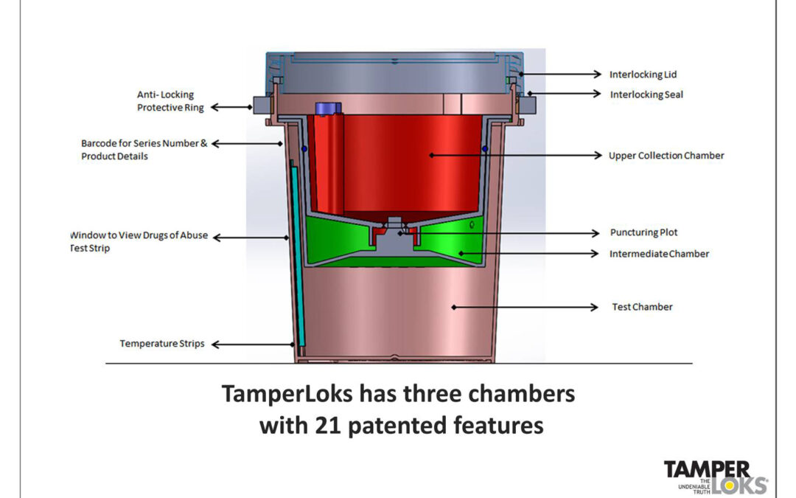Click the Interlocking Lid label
point(643,75)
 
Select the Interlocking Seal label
point(646,94)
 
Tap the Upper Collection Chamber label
point(666,156)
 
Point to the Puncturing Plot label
point(644,232)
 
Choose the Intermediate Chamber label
point(659,254)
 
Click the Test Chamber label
point(642,307)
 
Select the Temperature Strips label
point(162,344)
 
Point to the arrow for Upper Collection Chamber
point(516,156)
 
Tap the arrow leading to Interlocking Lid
point(560,75)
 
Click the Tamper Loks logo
point(715,476)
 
